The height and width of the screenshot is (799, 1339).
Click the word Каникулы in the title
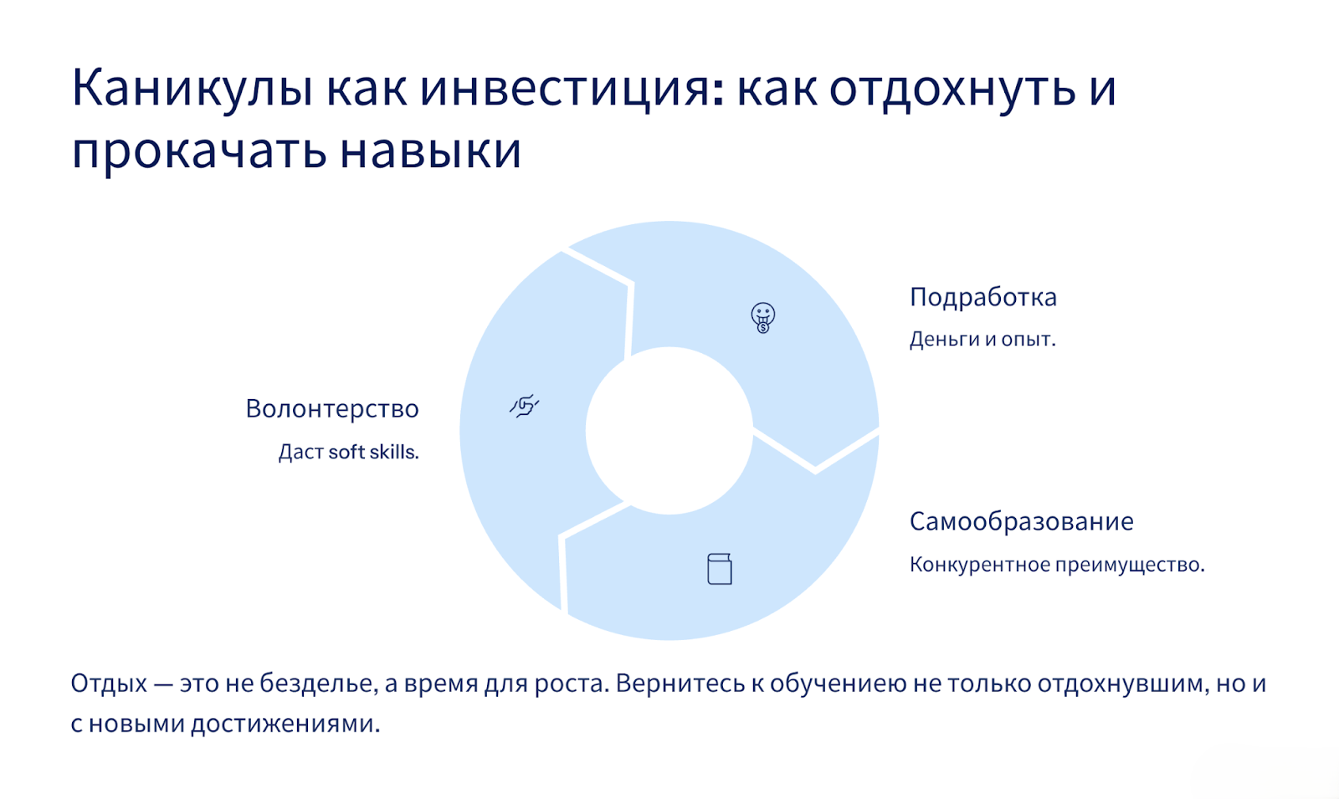(x=192, y=89)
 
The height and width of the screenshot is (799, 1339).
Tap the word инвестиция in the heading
(x=572, y=89)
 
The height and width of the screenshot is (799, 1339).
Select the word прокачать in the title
(x=199, y=151)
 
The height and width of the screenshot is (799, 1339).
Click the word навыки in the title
(x=431, y=150)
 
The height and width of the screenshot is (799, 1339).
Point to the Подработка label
(x=983, y=297)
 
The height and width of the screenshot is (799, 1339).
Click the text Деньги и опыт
(x=982, y=340)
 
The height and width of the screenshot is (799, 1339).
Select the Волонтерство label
(x=332, y=409)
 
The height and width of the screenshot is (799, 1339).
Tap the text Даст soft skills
(x=349, y=452)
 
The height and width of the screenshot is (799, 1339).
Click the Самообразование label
(x=1022, y=522)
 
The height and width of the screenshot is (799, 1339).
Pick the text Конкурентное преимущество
(x=1057, y=564)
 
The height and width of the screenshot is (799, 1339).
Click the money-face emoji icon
(x=762, y=317)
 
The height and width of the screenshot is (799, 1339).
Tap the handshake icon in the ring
(x=524, y=406)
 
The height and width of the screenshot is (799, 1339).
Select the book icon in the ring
(x=720, y=568)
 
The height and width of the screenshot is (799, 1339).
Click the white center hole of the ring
(x=669, y=430)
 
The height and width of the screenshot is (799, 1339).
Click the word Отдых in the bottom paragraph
(x=109, y=683)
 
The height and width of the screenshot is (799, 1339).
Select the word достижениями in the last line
(x=285, y=724)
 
